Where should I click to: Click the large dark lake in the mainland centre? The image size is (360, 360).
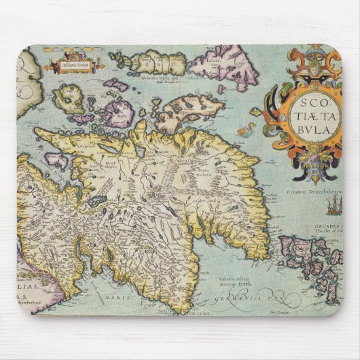coord(96,201)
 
